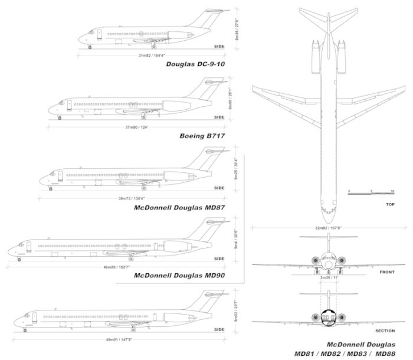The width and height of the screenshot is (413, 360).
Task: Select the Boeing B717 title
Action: pos(203,135)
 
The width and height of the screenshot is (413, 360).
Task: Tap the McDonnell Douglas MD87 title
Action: pos(181,207)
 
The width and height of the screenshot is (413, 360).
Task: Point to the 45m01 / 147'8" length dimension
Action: pos(118,339)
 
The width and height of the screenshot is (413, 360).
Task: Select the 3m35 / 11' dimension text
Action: pos(329,277)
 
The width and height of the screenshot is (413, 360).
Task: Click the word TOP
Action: pos(390,204)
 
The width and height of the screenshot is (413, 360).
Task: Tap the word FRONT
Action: pos(388,273)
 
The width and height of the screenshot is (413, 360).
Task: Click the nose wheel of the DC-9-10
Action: pos(90,47)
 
